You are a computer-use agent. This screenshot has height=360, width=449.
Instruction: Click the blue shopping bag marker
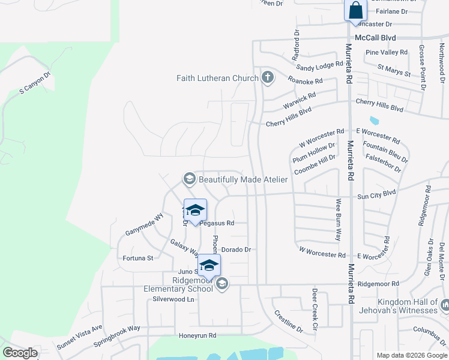pos(355,11)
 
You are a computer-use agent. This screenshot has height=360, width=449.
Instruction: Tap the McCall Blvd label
pos(375,37)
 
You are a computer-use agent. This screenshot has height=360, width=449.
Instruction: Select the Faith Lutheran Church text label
pos(217,78)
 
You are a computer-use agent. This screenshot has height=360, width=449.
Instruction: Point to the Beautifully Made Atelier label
pos(243,179)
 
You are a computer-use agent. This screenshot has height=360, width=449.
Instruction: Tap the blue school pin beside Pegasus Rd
pos(195,211)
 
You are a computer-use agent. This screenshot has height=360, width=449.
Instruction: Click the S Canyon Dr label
pos(35,83)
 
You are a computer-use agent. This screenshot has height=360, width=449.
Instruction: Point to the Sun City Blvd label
pos(377,194)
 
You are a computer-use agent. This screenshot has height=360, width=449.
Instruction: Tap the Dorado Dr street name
pos(236,249)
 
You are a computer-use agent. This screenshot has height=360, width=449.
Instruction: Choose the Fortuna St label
pos(138,258)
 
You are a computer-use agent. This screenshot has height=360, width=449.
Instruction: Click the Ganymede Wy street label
pos(144,224)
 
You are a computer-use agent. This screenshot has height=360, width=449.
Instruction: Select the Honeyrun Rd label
pos(197,335)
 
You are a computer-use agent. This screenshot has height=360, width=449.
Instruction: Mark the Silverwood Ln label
pos(174,299)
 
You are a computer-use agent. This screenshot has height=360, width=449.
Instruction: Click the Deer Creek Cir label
pos(315,310)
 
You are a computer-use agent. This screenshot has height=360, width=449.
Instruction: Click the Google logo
pos(20,353)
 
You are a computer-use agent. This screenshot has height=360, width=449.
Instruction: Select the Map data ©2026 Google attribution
pos(411,355)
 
